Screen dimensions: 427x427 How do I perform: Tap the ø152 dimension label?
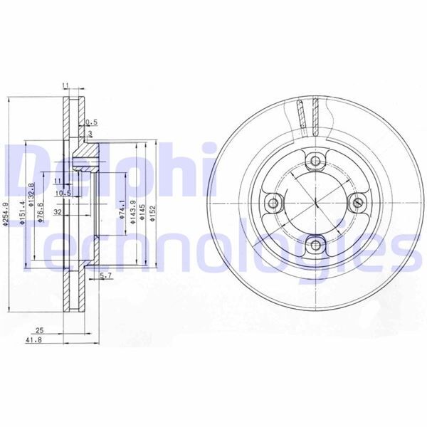[x=153, y=213]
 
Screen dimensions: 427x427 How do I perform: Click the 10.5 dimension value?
[x=63, y=193]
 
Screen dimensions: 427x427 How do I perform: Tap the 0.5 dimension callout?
[x=91, y=122]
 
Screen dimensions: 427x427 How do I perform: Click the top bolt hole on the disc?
[x=315, y=162]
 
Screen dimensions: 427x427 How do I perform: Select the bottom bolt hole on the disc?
[x=315, y=246]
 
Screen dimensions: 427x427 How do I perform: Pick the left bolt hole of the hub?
[x=273, y=204]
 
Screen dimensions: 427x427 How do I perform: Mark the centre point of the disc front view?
[x=315, y=204]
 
